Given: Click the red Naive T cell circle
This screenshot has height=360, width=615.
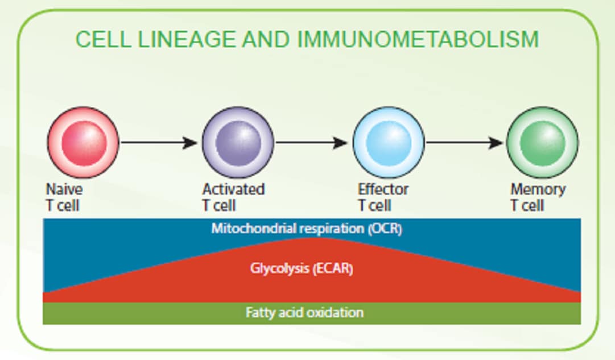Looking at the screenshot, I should (83, 142).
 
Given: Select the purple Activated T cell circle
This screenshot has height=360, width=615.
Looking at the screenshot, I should (238, 142).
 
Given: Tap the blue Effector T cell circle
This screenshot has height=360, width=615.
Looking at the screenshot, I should (389, 142).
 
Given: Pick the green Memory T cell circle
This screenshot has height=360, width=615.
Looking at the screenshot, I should (542, 142).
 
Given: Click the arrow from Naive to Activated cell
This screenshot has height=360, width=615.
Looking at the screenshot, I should (159, 142).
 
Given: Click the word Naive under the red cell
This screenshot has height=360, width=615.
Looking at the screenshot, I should (64, 189).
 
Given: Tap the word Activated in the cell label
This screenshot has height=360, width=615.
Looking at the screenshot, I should (233, 189).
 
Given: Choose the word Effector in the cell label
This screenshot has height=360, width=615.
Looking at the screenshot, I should (383, 189).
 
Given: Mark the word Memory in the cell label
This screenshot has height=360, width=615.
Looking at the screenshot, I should (538, 189).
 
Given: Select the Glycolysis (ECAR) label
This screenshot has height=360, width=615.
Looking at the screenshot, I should (302, 268).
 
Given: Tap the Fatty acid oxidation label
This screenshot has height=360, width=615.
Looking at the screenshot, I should (304, 313).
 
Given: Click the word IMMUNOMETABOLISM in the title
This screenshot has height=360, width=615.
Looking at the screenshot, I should (418, 40).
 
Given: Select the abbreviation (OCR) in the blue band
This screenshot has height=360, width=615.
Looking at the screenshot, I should (385, 229).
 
